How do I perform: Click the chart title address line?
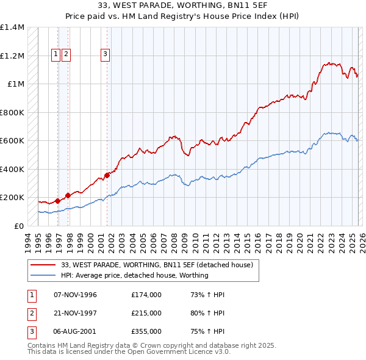click(182, 5)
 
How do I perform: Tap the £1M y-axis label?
click(16, 84)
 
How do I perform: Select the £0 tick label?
click(20, 226)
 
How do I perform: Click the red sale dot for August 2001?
click(107, 175)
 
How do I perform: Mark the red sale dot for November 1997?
click(68, 195)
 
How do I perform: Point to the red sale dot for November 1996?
click(57, 200)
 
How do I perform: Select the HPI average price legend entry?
click(134, 275)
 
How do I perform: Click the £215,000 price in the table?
click(146, 313)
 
